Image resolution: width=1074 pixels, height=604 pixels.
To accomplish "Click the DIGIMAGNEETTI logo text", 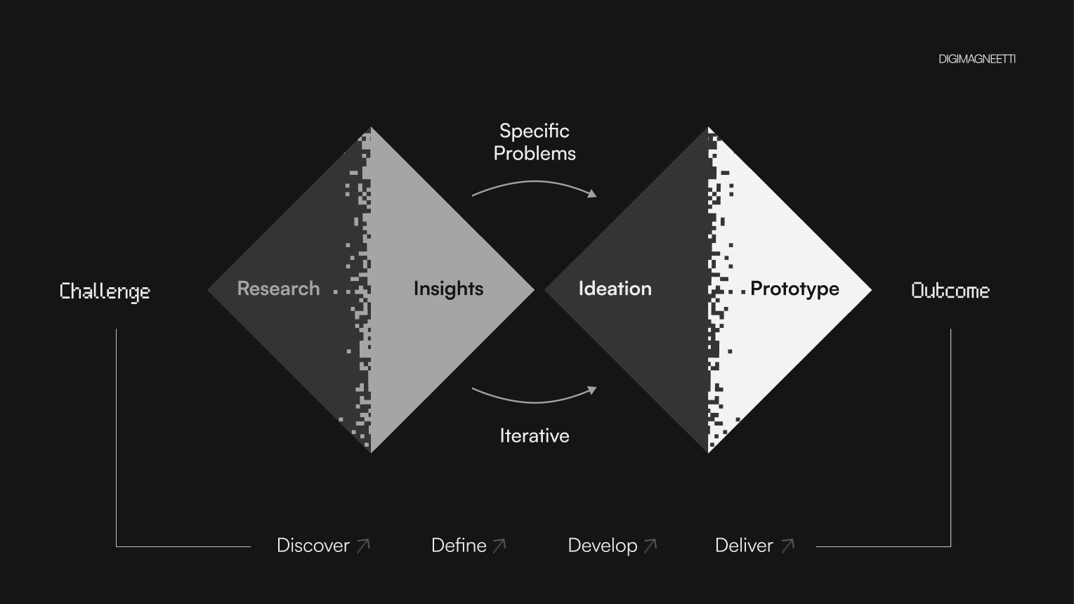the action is pos(976,59).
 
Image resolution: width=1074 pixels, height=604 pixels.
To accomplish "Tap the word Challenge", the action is pos(105,291).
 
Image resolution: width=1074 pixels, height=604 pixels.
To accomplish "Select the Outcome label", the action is pos(950,291).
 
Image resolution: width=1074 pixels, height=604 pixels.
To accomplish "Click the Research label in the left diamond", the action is pos(278,289).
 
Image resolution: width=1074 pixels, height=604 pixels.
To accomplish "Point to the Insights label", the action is pos(448,289).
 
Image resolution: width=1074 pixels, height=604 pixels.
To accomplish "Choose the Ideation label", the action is pos(615,289).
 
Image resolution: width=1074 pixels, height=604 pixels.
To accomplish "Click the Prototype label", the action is pos(794,289).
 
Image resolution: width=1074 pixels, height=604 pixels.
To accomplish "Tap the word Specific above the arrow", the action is pos(535,131).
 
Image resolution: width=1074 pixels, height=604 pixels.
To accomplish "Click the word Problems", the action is pos(535,153).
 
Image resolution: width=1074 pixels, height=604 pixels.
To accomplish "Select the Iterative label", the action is pos(535,435).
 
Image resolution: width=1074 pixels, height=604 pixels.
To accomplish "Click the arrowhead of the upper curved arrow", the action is pos(592,193).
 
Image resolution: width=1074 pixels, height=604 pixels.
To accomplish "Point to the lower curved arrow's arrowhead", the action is pos(592,390).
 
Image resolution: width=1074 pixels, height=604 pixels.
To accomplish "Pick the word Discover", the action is pos(313,546).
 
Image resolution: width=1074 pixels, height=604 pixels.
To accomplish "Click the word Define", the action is pos(459,546).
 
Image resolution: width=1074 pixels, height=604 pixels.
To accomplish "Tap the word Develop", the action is pos(603,546).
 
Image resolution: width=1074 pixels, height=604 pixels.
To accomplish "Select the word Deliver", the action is pos(744,546).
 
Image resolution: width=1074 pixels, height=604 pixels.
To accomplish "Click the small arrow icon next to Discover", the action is pos(363,546).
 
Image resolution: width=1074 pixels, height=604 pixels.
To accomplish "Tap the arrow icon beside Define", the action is pos(499,546).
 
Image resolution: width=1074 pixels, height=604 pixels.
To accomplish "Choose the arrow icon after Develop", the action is pos(650,546).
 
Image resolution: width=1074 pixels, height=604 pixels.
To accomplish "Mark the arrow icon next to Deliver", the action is pos(787,546).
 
